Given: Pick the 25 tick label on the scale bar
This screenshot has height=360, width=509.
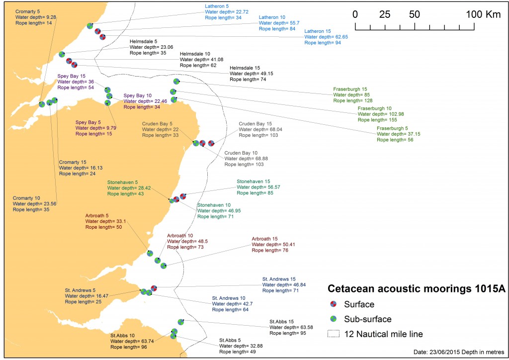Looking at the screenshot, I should [385, 14].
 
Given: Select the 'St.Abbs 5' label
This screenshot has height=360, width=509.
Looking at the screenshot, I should [231, 340].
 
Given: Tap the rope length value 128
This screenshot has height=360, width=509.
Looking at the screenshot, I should [371, 100].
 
